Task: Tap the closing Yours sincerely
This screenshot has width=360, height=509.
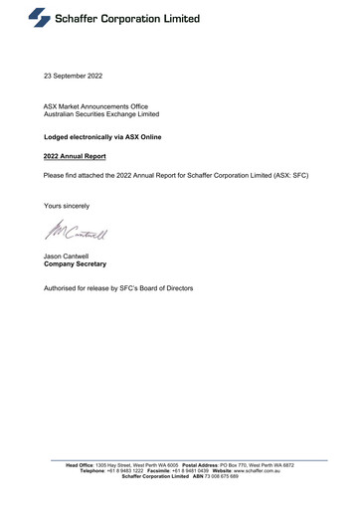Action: click(x=67, y=205)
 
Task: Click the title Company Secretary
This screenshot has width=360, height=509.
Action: click(x=76, y=265)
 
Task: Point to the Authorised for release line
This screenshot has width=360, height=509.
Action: click(x=118, y=288)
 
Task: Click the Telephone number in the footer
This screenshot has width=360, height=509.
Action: click(x=126, y=470)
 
